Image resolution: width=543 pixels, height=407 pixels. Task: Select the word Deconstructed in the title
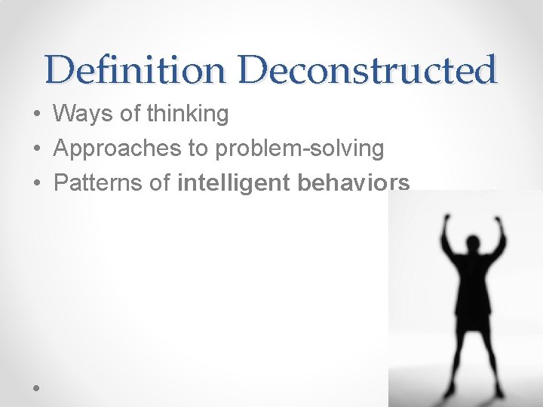370,70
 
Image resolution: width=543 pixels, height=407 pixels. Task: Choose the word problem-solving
299,149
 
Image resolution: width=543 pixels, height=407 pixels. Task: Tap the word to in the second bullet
198,149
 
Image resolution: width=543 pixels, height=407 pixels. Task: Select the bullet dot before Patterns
36,184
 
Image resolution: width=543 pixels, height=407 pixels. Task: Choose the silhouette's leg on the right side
490,354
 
